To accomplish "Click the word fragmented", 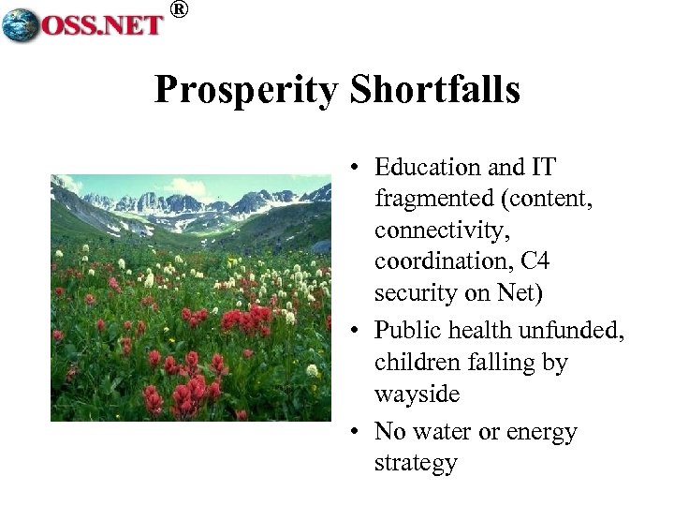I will coord(431,198).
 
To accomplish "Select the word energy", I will coord(543,432).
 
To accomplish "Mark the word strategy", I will coord(416,463).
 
